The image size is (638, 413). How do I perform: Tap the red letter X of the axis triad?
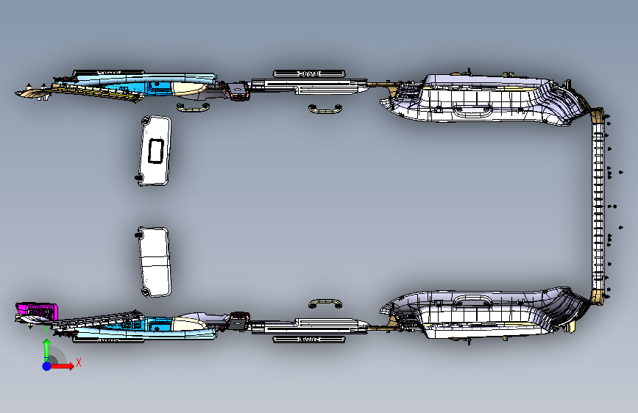point(78,362)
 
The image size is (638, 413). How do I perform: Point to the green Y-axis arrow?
point(46,348)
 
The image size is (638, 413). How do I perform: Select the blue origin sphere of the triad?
point(46,365)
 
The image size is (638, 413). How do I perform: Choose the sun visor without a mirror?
point(155,261)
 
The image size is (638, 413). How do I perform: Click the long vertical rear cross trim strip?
point(599,206)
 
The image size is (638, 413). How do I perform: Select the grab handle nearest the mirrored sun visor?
point(193,107)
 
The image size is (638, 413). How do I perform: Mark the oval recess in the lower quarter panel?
point(478,300)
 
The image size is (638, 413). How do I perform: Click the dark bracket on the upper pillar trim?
point(238,92)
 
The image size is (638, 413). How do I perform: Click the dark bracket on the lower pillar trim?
point(238,321)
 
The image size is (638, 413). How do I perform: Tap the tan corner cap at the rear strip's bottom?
point(597,297)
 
